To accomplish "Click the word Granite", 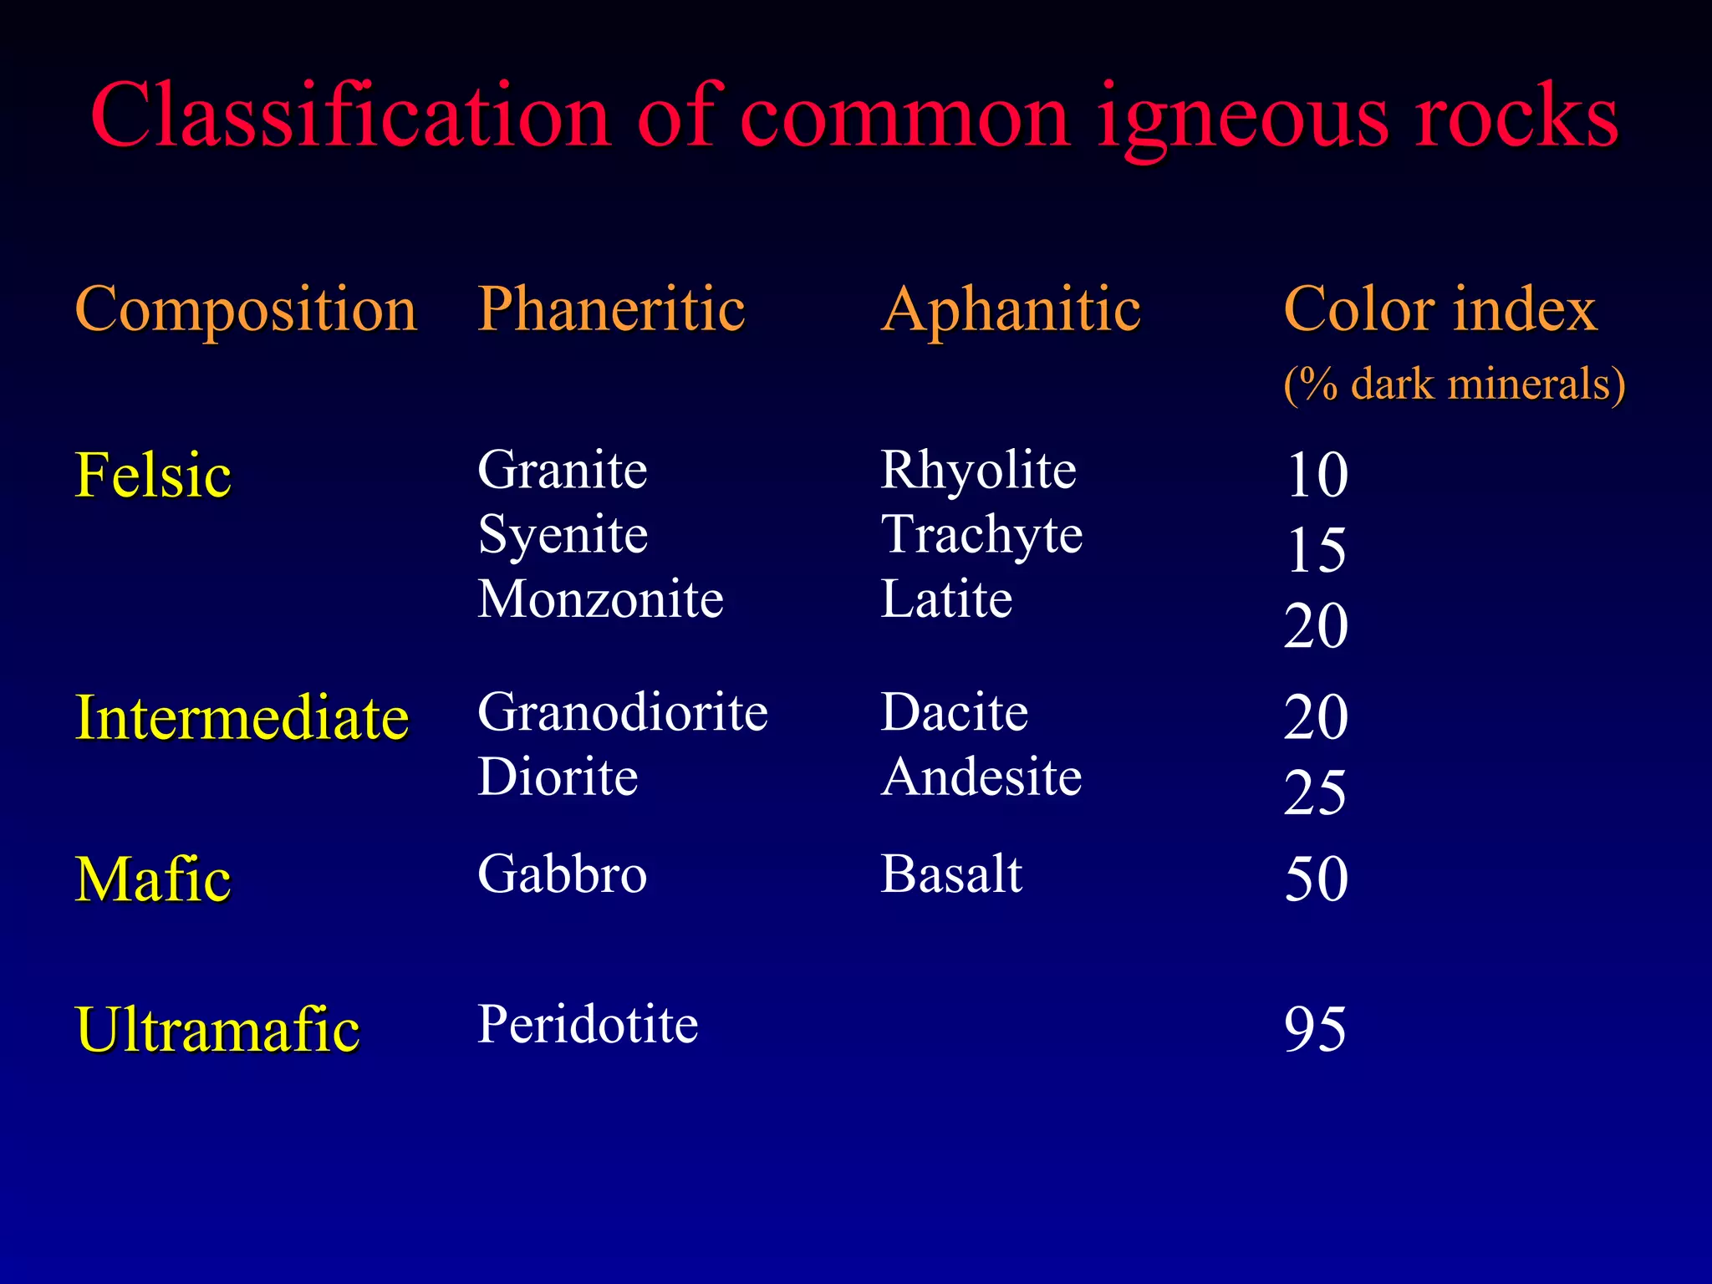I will point(562,470).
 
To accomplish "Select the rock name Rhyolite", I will point(978,470).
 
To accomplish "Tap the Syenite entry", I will point(563,535).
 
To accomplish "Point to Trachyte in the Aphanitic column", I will point(981,535).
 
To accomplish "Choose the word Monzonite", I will point(600,599).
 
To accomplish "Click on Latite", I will point(946,599).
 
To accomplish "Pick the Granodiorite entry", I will point(623,712).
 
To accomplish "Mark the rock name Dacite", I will point(954,712).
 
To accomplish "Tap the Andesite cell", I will point(981,777).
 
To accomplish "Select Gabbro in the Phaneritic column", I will point(562,874).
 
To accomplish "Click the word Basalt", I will point(951,874).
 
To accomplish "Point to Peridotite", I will point(588,1024).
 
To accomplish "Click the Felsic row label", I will point(153,475).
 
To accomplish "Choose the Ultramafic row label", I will point(217,1029).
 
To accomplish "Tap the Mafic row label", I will point(153,879).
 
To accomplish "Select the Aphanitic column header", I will point(1011,310).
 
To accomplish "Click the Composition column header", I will point(246,310).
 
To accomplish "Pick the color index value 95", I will point(1315,1029).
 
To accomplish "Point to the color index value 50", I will point(1316,879).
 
